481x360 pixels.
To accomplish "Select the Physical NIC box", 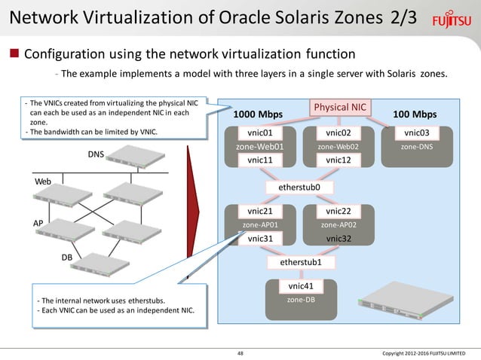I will [x=339, y=108].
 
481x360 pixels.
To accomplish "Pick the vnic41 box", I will [x=301, y=286].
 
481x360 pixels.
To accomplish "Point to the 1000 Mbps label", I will [x=258, y=114].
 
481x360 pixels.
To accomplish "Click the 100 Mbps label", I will [x=415, y=114].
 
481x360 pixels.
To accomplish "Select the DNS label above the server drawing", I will [x=96, y=155].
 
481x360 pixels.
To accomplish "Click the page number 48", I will [x=240, y=352].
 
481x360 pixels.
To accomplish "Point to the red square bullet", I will [x=14, y=54].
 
